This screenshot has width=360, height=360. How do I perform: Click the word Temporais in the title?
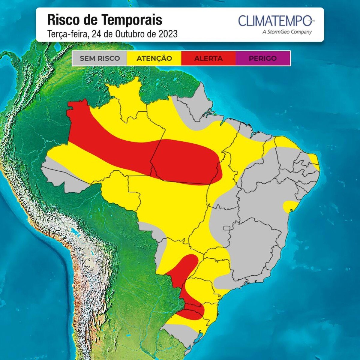[132, 20]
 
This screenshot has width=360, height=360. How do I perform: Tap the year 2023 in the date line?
[167, 34]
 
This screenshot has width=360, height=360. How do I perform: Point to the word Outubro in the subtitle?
[127, 34]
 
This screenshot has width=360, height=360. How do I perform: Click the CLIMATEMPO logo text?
[274, 21]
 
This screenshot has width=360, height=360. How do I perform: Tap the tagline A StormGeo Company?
[287, 32]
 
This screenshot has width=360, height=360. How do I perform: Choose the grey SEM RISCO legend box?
[100, 58]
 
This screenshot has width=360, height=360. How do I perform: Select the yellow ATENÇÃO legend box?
[154, 58]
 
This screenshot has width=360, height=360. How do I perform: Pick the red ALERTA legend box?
[208, 58]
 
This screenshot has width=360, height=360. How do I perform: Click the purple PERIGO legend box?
[263, 58]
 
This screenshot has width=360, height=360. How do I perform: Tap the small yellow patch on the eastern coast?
[290, 206]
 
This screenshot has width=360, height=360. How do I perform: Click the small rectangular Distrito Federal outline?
[226, 228]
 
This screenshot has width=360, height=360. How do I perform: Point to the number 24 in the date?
[96, 34]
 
